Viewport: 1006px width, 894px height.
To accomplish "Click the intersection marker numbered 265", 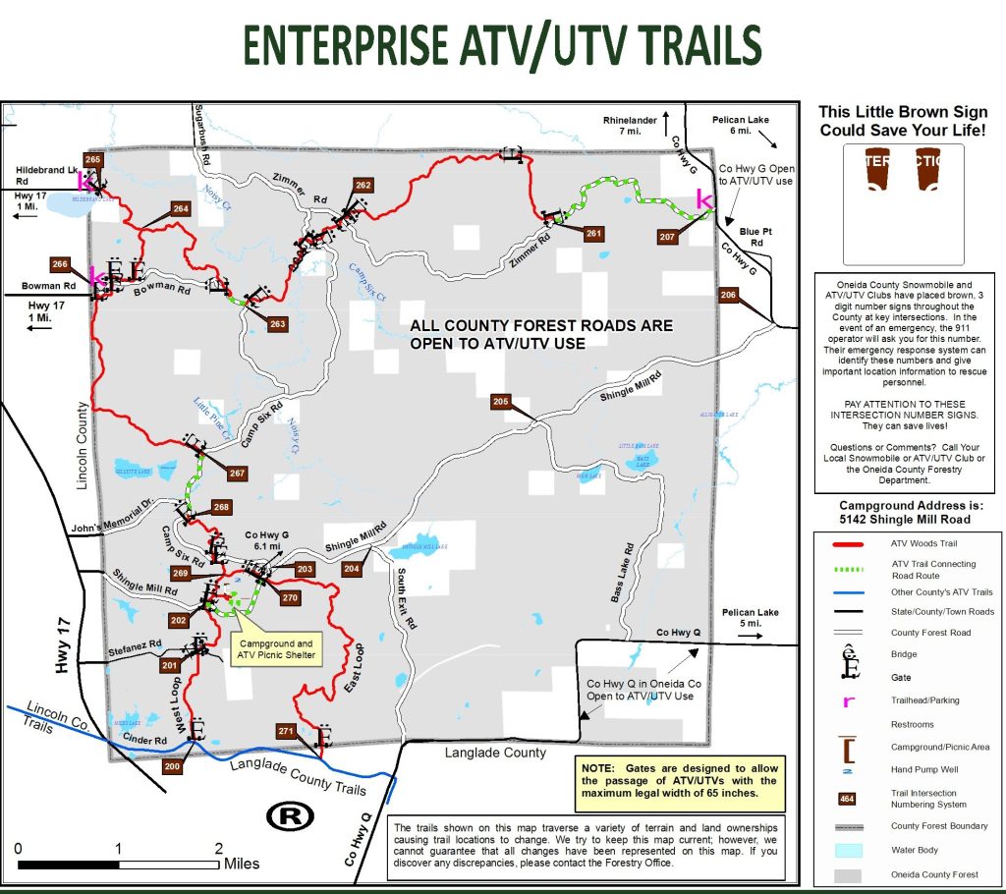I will point(93,159).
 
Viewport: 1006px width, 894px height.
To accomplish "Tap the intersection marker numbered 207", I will point(667,237).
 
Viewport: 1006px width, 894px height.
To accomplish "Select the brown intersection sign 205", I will point(501,401).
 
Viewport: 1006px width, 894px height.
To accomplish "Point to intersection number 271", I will point(286,731).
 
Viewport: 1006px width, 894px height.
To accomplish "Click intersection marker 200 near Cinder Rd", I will point(172,766).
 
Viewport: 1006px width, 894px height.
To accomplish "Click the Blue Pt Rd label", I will point(755,236).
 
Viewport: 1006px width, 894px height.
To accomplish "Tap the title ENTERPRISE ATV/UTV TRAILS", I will point(502,44).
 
